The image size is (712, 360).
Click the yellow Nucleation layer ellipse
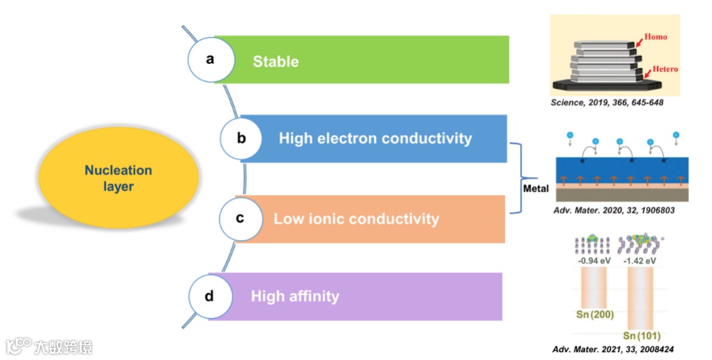pos(109,178)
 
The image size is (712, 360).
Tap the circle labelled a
pos(210,59)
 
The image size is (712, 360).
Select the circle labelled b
pos(241,138)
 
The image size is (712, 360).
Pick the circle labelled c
pos(240,218)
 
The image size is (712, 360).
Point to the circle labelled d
pos(209,297)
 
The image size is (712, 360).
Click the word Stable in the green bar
pos(276,62)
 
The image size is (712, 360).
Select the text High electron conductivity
pos(375,138)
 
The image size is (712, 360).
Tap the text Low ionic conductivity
pos(356,218)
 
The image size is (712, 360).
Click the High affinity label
pos(295,297)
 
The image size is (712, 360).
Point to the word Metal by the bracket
pos(535,189)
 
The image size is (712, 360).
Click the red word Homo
pos(655,37)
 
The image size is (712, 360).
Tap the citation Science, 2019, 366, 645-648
pos(607,104)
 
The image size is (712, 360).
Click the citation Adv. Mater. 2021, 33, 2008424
pos(613,349)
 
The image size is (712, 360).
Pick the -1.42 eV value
pos(641,261)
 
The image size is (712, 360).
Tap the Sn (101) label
pos(641,336)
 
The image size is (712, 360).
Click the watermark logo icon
pos(18,345)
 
